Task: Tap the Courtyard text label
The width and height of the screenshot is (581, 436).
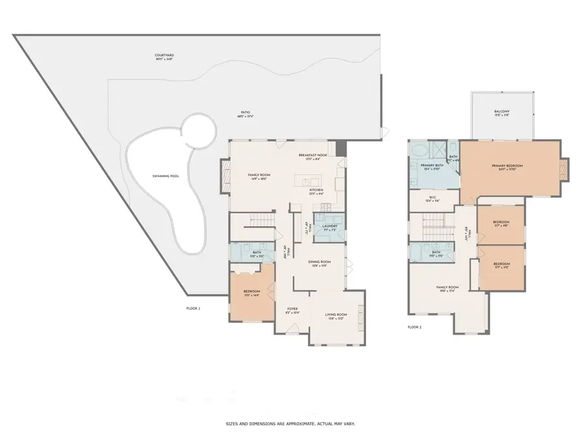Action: (164, 56)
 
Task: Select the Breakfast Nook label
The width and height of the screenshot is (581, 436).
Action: (313, 155)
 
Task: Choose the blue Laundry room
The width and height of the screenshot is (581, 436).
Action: (330, 227)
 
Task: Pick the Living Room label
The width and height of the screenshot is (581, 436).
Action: (338, 315)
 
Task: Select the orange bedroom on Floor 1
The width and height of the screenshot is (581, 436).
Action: (252, 294)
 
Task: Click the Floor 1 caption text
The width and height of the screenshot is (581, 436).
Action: (194, 309)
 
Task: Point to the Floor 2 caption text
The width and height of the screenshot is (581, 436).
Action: (414, 327)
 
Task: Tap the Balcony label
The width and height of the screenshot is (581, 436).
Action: (503, 112)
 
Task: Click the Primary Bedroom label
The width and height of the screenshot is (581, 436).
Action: (507, 166)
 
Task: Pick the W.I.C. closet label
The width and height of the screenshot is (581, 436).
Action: (433, 198)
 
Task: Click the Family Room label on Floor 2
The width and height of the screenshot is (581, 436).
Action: (447, 287)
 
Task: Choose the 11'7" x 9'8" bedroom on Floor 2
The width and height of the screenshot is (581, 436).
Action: (501, 223)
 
